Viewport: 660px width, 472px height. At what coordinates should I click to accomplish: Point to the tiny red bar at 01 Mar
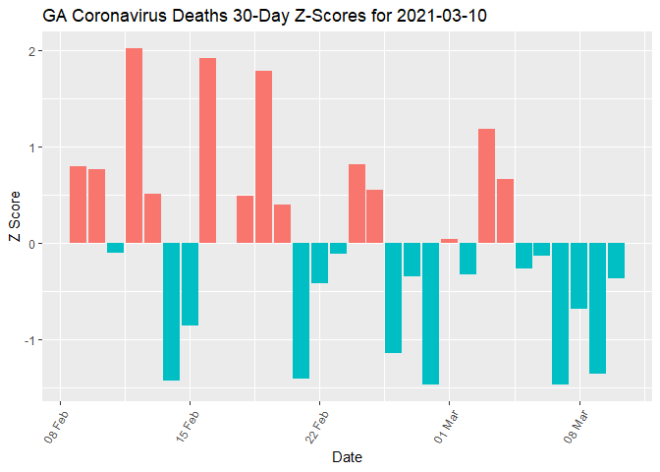click(449, 241)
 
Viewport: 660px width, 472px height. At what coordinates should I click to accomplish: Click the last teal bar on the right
click(616, 261)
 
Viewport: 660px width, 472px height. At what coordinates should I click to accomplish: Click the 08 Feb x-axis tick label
click(58, 424)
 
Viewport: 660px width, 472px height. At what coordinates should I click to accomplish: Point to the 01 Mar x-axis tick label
click(446, 424)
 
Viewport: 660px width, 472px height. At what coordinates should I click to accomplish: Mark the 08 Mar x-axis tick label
click(576, 424)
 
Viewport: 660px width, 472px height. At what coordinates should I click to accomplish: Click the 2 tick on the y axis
click(35, 51)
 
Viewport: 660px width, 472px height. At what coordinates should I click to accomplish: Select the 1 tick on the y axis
click(35, 147)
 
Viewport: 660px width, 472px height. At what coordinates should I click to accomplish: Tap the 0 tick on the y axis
click(35, 243)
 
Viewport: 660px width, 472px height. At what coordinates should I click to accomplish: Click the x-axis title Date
click(349, 456)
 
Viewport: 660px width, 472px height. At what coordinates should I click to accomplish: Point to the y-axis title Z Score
click(14, 224)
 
